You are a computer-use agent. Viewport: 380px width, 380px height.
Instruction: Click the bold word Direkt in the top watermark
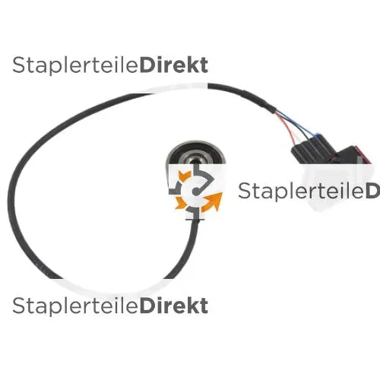(x=174, y=65)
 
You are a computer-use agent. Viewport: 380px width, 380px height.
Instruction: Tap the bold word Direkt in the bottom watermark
(x=174, y=306)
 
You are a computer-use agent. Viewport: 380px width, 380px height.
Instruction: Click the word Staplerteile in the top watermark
(x=76, y=65)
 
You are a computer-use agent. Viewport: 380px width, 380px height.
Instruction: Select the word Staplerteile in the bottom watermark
(x=76, y=306)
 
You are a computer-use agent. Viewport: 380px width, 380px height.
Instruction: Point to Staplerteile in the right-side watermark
(x=302, y=191)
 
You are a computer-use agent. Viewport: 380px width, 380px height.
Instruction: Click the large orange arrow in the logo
(x=213, y=202)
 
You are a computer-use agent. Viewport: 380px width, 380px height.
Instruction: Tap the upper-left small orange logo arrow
(x=184, y=176)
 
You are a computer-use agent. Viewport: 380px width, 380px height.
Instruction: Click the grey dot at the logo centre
(x=195, y=192)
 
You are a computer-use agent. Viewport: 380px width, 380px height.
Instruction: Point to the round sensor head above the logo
(x=196, y=154)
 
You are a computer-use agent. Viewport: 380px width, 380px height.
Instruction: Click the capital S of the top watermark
(x=19, y=65)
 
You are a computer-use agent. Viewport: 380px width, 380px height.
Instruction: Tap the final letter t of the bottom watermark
(x=204, y=306)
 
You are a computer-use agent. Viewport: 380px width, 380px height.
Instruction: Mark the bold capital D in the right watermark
(x=373, y=191)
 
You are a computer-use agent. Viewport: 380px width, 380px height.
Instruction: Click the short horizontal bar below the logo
(x=195, y=220)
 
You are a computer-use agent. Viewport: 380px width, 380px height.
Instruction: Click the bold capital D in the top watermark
(x=147, y=65)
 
